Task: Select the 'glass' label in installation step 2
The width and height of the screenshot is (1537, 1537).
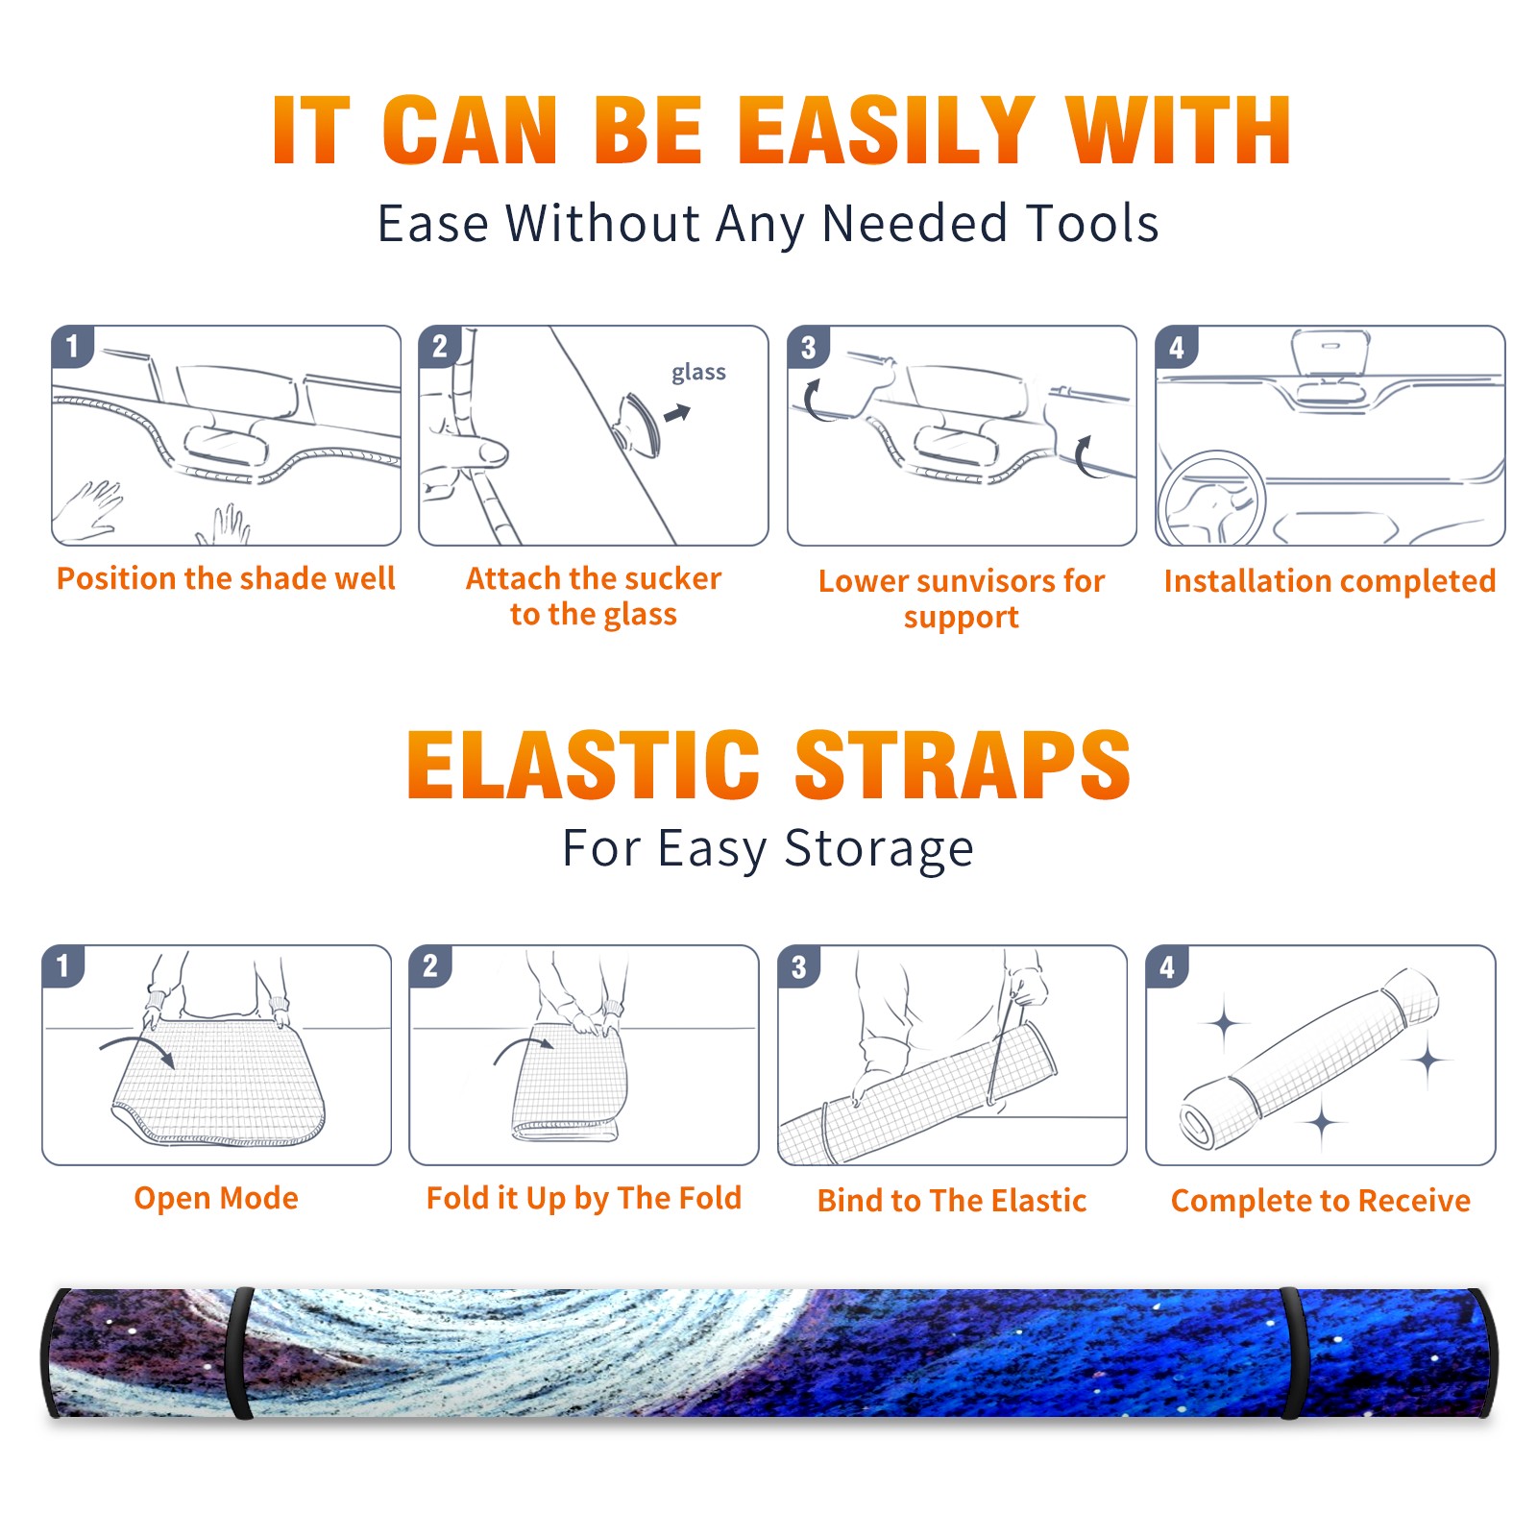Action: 698,373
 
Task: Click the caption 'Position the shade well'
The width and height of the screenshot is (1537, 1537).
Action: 226,578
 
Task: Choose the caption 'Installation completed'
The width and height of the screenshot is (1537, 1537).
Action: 1330,580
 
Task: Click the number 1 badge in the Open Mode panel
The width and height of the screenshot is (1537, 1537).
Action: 63,965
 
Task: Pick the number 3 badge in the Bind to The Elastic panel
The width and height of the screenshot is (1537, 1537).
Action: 799,966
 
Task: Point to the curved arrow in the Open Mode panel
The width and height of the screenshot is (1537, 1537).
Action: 136,1048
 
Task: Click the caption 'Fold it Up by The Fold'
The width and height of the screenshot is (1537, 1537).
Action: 584,1198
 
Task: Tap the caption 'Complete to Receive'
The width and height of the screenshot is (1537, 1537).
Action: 1321,1201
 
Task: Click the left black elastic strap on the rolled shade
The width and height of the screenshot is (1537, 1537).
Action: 239,1354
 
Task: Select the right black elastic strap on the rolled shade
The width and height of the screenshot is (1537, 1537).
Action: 1293,1354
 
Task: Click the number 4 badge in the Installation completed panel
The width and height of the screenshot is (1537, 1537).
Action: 1177,347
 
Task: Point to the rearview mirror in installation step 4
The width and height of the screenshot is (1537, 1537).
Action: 1330,354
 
